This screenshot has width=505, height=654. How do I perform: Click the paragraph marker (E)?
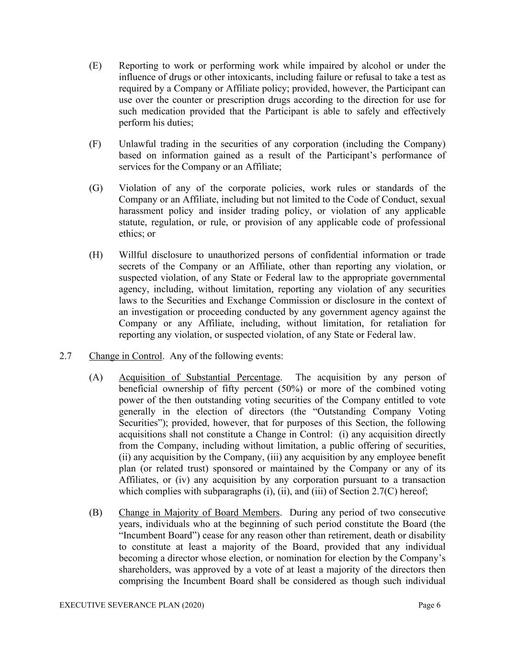click(95, 66)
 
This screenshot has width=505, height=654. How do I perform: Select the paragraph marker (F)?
click(95, 144)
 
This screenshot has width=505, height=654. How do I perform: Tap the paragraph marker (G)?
click(96, 188)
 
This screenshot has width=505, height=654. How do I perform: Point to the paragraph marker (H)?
click(96, 255)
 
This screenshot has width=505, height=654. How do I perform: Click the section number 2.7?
click(66, 356)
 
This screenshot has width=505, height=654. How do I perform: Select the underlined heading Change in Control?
click(125, 356)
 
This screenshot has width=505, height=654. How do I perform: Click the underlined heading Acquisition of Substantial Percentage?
click(199, 378)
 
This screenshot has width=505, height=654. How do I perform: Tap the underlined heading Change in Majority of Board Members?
click(199, 513)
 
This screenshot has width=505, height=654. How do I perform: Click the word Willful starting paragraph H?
click(133, 255)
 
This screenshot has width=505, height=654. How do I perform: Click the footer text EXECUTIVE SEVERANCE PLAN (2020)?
click(132, 606)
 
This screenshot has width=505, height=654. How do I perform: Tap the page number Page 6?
click(429, 606)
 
